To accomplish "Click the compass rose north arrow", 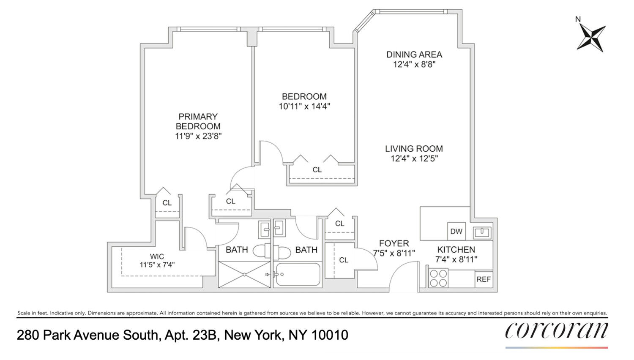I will click(591, 37).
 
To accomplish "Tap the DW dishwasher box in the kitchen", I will click(456, 231).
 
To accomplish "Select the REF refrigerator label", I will click(484, 279).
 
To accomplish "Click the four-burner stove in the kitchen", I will click(438, 278).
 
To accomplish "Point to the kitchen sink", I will click(482, 232).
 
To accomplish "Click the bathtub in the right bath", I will click(298, 275).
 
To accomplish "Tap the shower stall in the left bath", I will click(244, 275).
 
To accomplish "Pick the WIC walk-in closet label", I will click(157, 256).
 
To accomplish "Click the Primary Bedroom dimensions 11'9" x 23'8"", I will click(198, 136).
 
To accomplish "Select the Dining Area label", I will click(414, 55).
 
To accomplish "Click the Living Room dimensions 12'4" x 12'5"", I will click(414, 158).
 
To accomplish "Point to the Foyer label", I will click(394, 243).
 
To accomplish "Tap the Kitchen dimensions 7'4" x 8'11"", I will click(456, 259).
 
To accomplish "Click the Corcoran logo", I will click(556, 331).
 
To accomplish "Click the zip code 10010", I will click(330, 335).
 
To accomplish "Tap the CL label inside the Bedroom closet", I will click(317, 170).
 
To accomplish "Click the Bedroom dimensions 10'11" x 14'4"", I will click(304, 106).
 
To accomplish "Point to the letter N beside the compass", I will click(578, 19).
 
